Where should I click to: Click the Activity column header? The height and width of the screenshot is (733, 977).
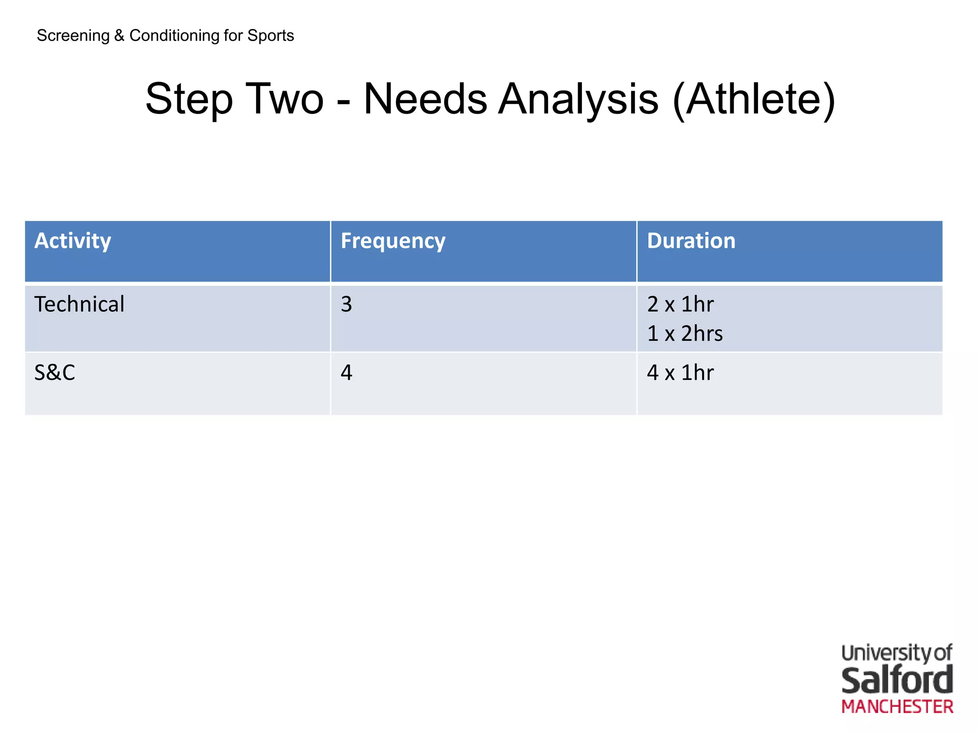coord(73,241)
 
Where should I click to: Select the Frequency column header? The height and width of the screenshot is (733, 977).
coord(393,241)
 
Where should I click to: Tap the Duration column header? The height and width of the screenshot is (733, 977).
coord(691,241)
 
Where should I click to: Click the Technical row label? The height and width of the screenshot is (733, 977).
coord(79,304)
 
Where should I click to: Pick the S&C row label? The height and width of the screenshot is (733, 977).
coord(54,373)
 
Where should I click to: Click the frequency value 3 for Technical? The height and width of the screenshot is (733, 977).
coord(346,304)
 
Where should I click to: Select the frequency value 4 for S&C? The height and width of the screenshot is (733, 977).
coord(346,373)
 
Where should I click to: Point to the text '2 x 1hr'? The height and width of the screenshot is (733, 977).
coord(680,304)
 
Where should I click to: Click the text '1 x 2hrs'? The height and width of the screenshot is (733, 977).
coord(685,334)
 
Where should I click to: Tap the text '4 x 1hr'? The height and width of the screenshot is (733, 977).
coord(680,373)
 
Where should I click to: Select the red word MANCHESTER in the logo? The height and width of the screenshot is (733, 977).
coord(897,707)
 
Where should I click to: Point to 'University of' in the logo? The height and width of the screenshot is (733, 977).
coord(897,653)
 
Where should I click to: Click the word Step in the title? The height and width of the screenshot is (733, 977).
coord(189,99)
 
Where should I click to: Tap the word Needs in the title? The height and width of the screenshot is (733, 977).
coord(425,99)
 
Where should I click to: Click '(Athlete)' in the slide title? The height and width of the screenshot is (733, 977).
coord(754,99)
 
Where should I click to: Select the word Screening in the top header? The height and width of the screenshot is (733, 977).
coord(73,36)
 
